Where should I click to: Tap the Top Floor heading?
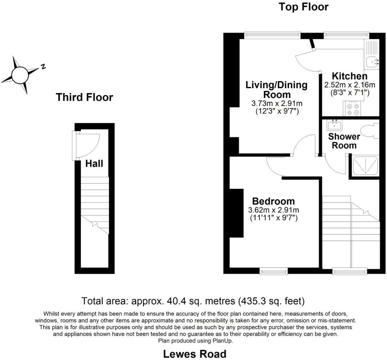click(304, 7)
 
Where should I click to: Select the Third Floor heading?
click(84, 97)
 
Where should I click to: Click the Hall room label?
click(94, 164)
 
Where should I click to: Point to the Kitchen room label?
click(350, 76)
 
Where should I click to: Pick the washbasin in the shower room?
click(334, 125)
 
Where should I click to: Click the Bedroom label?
click(273, 201)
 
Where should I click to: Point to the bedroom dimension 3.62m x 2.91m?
click(274, 210)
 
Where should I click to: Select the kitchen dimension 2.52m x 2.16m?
click(349, 85)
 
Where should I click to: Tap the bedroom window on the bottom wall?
click(274, 271)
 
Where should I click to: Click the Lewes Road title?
click(195, 354)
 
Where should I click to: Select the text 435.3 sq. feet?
click(271, 301)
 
